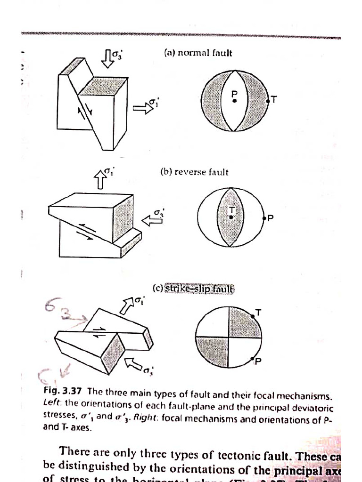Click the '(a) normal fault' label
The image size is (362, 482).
click(198, 53)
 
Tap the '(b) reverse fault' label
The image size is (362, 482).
click(194, 172)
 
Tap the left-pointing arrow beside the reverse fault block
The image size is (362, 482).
click(152, 219)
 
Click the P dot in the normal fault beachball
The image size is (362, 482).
click(234, 101)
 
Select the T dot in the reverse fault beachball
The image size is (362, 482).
click(231, 217)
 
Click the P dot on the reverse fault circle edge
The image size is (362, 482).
click(264, 218)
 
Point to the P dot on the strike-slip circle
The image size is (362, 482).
click(253, 360)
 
